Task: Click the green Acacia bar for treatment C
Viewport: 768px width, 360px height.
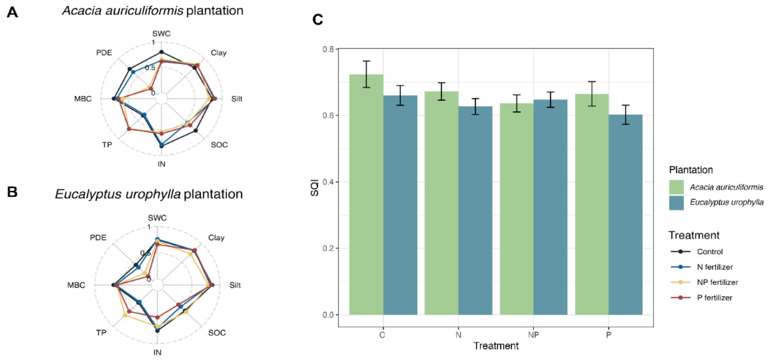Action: click(366, 194)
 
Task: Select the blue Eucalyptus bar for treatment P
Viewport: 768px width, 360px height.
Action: click(625, 215)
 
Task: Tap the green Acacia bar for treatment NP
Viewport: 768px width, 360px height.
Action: click(517, 209)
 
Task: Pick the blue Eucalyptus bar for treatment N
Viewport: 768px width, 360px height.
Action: click(475, 210)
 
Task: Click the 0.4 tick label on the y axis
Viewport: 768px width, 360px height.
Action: click(329, 182)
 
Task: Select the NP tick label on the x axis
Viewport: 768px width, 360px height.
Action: click(533, 335)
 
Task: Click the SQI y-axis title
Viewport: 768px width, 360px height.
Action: click(315, 188)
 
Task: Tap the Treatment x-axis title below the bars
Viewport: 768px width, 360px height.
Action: click(496, 346)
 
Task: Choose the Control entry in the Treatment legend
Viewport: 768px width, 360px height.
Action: click(709, 252)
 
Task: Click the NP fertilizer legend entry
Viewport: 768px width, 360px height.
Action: click(717, 282)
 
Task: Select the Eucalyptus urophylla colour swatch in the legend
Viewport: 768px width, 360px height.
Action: click(676, 203)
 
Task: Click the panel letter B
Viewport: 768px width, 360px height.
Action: click(12, 192)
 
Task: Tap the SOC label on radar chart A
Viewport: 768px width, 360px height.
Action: click(219, 145)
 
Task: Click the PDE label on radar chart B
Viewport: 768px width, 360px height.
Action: click(98, 238)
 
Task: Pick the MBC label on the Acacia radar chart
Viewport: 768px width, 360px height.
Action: click(83, 99)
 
